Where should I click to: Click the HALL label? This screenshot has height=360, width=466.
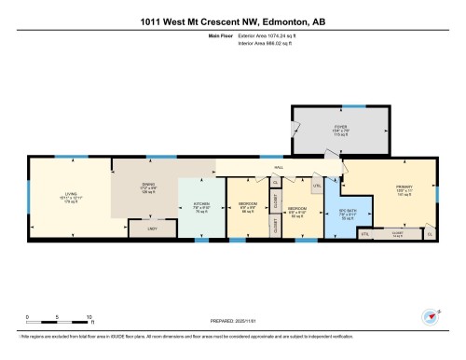pyautogui.click(x=278, y=168)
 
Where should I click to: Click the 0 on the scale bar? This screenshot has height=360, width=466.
pyautogui.click(x=28, y=317)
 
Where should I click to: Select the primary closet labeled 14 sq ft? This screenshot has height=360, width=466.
pyautogui.click(x=397, y=233)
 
